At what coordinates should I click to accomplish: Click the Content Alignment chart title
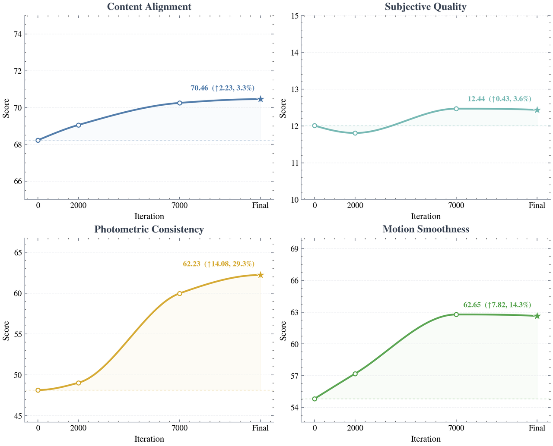pyautogui.click(x=149, y=7)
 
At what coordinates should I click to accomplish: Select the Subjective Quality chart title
pyautogui.click(x=426, y=7)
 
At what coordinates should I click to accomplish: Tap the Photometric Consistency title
pyautogui.click(x=149, y=229)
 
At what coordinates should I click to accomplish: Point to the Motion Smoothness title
pyautogui.click(x=426, y=229)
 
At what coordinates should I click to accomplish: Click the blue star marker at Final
pyautogui.click(x=261, y=99)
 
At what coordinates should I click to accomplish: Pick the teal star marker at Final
pyautogui.click(x=537, y=110)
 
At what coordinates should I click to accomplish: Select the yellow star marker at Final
pyautogui.click(x=261, y=275)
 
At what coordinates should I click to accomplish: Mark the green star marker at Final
pyautogui.click(x=537, y=316)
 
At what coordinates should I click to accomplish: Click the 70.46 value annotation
pyautogui.click(x=200, y=88)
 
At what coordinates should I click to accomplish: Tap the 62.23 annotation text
pyautogui.click(x=192, y=264)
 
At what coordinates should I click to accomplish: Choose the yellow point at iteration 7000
pyautogui.click(x=180, y=293)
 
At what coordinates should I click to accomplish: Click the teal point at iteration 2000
pyautogui.click(x=355, y=133)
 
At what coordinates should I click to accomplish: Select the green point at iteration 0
pyautogui.click(x=315, y=399)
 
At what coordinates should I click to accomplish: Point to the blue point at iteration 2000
pyautogui.click(x=79, y=125)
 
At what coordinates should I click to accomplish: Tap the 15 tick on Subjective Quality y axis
pyautogui.click(x=295, y=16)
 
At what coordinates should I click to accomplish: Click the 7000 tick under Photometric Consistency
pyautogui.click(x=180, y=428)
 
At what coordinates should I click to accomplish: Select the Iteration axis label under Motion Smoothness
pyautogui.click(x=426, y=439)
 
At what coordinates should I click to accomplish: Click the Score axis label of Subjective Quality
pyautogui.click(x=283, y=108)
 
